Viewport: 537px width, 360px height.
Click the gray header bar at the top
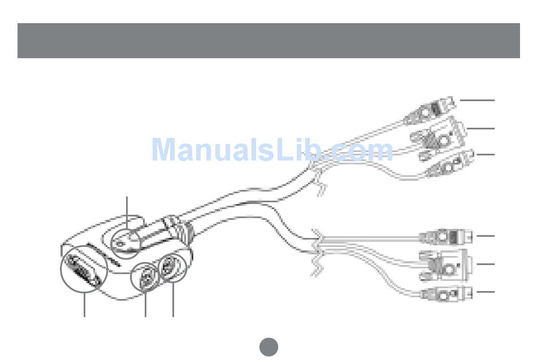pyautogui.click(x=268, y=41)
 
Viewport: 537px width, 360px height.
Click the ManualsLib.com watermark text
pyautogui.click(x=272, y=150)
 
